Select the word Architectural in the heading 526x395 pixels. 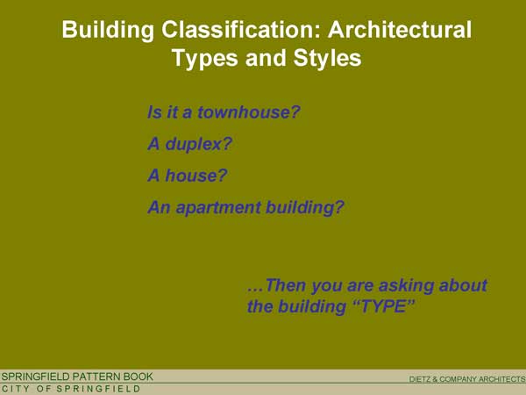click(x=400, y=29)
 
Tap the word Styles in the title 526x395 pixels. click(x=327, y=58)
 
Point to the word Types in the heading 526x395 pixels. click(x=205, y=59)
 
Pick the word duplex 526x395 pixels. click(x=193, y=145)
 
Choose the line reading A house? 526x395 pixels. click(x=188, y=176)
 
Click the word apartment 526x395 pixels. click(x=218, y=208)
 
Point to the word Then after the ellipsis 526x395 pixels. click(x=285, y=285)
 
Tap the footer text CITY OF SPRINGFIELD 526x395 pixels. click(x=71, y=389)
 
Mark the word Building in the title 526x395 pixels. click(x=108, y=31)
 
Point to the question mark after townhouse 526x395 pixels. click(x=295, y=111)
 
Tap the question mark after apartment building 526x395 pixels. click(x=339, y=207)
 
